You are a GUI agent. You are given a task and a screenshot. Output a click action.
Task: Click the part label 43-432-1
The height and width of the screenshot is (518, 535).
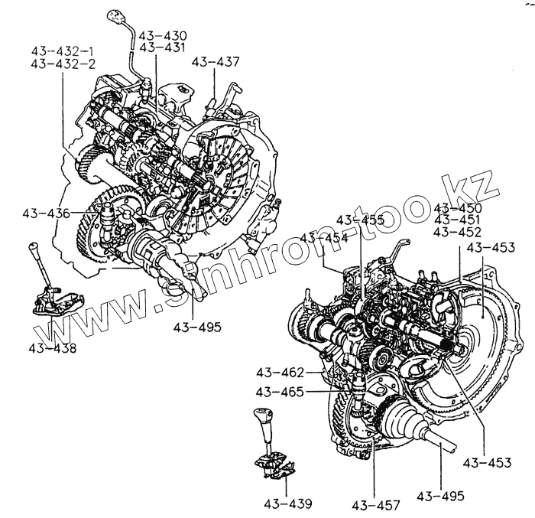(63, 51)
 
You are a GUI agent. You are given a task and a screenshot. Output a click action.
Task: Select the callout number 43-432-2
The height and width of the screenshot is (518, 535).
(63, 64)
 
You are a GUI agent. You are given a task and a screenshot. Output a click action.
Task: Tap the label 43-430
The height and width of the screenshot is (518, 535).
(164, 36)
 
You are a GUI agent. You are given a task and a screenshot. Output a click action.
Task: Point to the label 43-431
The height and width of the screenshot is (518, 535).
(164, 47)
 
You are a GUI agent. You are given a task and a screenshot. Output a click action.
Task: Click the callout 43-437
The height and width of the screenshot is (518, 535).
(215, 61)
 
